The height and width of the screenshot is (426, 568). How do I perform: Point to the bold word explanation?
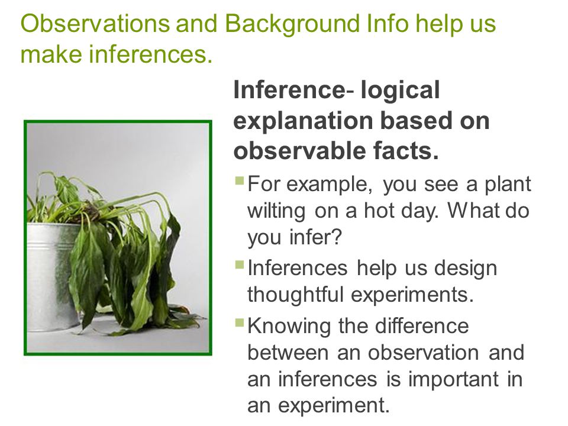pos(303,121)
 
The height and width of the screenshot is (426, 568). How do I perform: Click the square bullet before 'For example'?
pos(240,180)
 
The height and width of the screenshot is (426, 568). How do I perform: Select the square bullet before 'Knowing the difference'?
pos(240,322)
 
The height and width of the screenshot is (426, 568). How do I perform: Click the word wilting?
pos(276,211)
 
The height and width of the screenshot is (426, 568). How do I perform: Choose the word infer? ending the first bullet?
pos(315,237)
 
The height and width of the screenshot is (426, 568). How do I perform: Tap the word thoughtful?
pos(295,294)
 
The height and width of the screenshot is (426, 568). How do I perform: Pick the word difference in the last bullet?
pos(422,325)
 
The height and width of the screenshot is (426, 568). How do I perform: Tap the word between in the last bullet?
pos(288,352)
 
